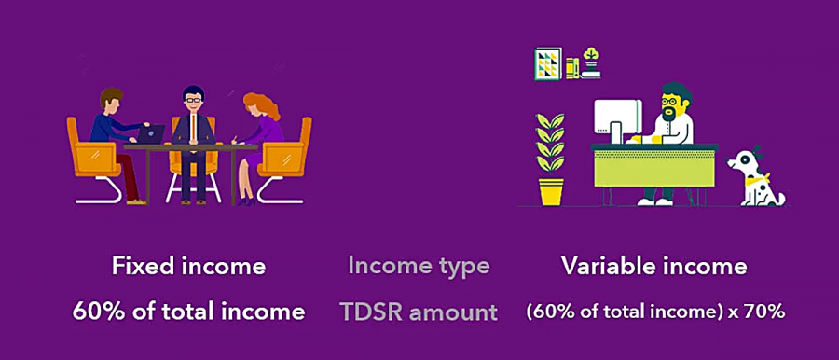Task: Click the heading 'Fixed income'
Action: tap(188, 266)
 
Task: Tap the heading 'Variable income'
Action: tap(653, 266)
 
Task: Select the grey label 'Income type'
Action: tap(419, 266)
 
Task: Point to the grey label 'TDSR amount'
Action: tap(419, 312)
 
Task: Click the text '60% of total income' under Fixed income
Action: tap(188, 312)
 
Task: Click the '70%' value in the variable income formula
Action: tap(767, 312)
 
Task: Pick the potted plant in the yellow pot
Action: tap(550, 159)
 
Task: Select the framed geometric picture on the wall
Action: tap(548, 63)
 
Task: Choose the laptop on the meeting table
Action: tap(150, 134)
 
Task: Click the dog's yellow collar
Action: tap(760, 176)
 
